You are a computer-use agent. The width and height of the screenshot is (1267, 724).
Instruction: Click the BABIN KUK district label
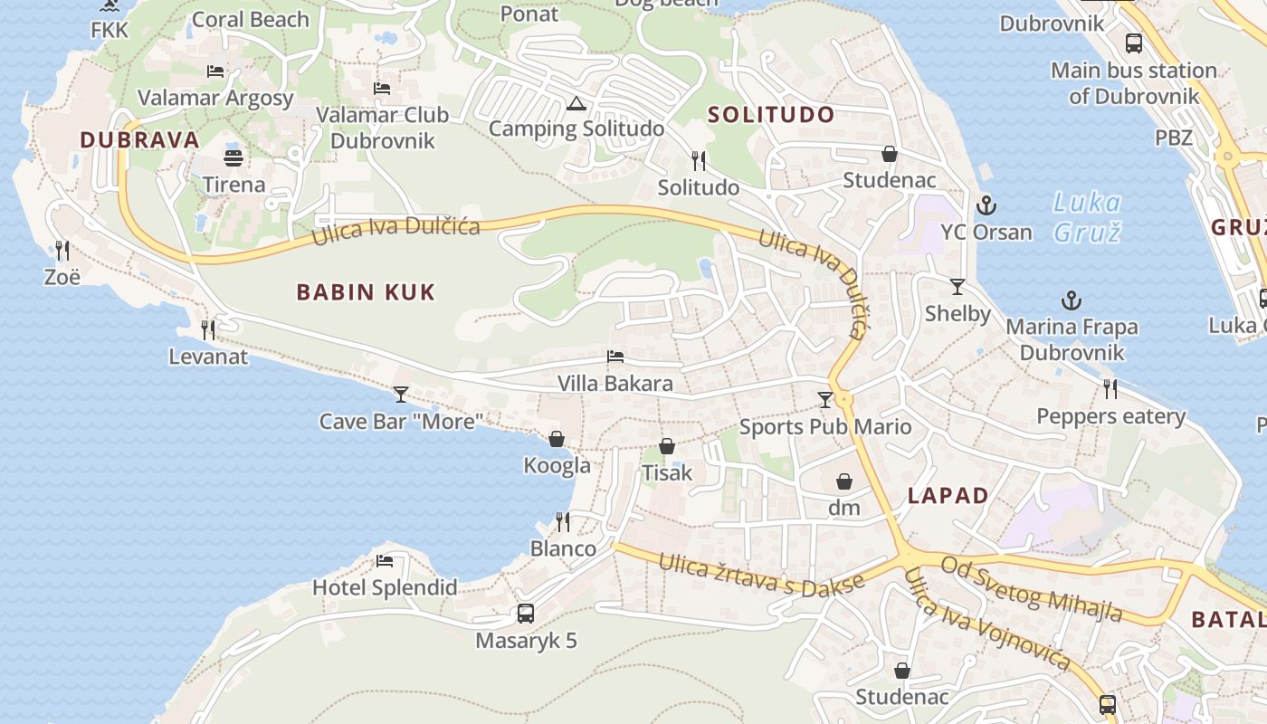(x=366, y=291)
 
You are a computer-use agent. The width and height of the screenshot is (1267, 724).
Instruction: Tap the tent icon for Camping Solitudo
(x=575, y=103)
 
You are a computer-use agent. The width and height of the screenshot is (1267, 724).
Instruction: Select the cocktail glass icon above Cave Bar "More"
(x=401, y=394)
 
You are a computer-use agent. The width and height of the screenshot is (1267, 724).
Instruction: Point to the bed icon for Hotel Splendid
(x=385, y=560)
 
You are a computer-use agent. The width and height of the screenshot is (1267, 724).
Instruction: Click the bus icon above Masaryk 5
(x=525, y=613)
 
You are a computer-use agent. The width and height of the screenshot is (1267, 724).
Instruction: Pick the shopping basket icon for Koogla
(x=557, y=439)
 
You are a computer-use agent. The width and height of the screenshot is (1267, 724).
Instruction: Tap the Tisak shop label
(x=667, y=472)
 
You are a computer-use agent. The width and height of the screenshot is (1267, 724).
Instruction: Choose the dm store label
(x=844, y=508)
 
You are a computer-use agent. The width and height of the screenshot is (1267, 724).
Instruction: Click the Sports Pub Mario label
(x=825, y=427)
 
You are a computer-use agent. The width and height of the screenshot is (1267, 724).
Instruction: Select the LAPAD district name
(x=948, y=496)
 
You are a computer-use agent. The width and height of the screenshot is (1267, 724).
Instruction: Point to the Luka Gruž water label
(x=1087, y=217)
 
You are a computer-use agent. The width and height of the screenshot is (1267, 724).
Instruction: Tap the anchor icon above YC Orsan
(x=986, y=205)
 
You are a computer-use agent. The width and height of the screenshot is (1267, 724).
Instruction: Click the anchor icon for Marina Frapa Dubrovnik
(x=1072, y=300)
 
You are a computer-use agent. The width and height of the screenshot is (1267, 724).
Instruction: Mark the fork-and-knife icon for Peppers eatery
(x=1110, y=389)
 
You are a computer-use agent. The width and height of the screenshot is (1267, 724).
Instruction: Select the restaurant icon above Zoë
(x=62, y=250)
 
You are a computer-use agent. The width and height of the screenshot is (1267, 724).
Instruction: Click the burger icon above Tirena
(x=233, y=158)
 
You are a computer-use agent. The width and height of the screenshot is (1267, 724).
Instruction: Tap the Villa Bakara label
(x=615, y=384)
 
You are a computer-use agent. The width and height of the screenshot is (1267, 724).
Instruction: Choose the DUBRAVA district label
(x=139, y=139)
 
